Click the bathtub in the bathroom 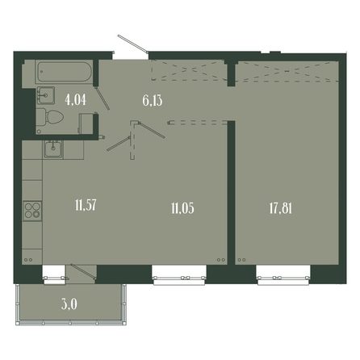coord(64,72)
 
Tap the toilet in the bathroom coord(50,117)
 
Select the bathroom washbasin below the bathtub coord(45,95)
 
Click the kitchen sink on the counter coord(53,149)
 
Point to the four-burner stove coord(32,211)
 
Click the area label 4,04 coord(76,100)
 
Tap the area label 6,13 coord(153,101)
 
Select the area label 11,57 coord(86,206)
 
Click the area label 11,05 coord(182,208)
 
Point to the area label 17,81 coord(281,208)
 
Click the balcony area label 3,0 coord(69,304)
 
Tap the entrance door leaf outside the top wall coord(132,43)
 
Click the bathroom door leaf coord(103,98)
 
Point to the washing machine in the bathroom coord(86,123)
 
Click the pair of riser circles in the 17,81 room coord(241,260)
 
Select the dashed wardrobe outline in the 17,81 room coord(287,71)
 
